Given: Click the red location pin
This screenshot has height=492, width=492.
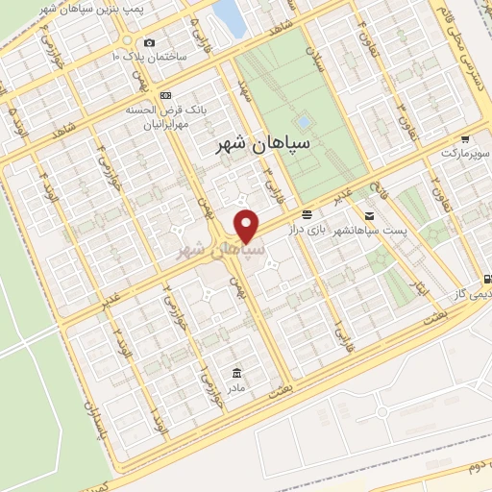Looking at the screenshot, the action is (x=247, y=225).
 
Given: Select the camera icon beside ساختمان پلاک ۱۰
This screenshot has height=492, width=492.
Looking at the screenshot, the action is (x=148, y=42).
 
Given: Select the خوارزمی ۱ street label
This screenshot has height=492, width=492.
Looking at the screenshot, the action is (x=204, y=385).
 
